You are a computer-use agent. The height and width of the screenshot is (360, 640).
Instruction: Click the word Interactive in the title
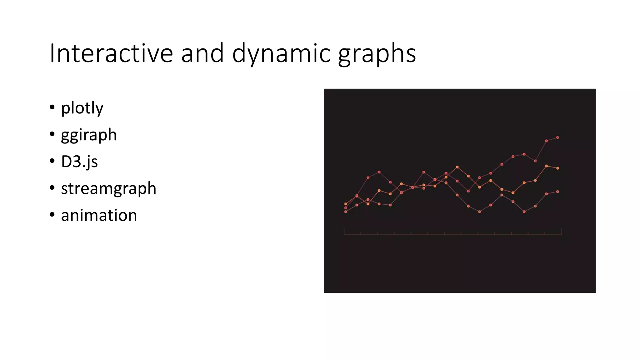pyautogui.click(x=111, y=53)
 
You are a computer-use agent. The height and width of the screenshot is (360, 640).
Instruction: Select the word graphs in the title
pyautogui.click(x=377, y=53)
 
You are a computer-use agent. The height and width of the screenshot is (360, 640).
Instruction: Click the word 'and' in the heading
pyautogui.click(x=202, y=53)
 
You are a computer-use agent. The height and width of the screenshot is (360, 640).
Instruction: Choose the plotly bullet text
pyautogui.click(x=82, y=108)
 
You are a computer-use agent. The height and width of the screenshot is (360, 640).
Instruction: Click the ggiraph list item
pyautogui.click(x=89, y=135)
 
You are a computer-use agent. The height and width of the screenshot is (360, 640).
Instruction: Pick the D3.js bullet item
pyautogui.click(x=79, y=162)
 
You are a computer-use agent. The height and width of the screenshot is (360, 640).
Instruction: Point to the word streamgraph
pyautogui.click(x=108, y=188)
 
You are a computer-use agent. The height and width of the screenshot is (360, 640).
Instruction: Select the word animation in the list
pyautogui.click(x=99, y=215)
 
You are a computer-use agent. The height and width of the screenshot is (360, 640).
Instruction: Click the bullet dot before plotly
pyautogui.click(x=52, y=107)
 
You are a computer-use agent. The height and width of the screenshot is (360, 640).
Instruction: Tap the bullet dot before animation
pyautogui.click(x=52, y=215)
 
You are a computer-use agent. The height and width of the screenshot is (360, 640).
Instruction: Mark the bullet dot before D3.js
pyautogui.click(x=52, y=161)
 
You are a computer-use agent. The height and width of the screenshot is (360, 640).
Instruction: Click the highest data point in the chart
pyautogui.click(x=557, y=137)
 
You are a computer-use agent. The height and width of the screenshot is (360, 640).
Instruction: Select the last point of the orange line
pyautogui.click(x=557, y=168)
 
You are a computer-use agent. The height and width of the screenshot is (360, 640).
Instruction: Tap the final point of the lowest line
pyautogui.click(x=557, y=192)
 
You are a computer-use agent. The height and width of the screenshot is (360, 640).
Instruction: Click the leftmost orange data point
pyautogui.click(x=346, y=204)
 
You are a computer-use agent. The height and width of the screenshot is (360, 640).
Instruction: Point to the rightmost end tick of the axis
pyautogui.click(x=562, y=232)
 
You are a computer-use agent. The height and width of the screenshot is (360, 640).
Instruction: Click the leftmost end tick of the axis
pyautogui.click(x=344, y=232)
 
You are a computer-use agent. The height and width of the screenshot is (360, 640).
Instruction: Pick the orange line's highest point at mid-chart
pyautogui.click(x=457, y=167)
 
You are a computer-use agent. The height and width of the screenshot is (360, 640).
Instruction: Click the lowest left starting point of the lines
pyautogui.click(x=346, y=212)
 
